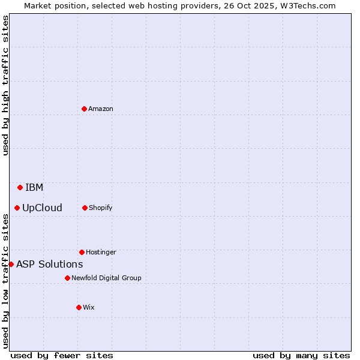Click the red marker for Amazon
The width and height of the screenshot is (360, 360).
coord(84,109)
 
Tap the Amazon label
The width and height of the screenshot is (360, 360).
coord(101,109)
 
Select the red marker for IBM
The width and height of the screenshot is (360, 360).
coord(20,187)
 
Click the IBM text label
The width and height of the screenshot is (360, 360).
coord(34,188)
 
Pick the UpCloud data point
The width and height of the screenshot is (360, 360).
coord(17,208)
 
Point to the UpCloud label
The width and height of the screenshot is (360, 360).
coord(42,208)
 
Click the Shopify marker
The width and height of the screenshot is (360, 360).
coord(85,208)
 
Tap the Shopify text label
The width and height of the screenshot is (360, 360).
coord(101,208)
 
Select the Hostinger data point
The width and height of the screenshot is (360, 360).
coord(82,252)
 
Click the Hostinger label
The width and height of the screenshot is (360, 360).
coord(101,252)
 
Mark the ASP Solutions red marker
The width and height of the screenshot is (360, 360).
coord(11,264)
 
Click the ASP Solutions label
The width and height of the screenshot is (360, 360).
coord(49,264)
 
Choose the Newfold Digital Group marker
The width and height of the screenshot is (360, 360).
coord(67,278)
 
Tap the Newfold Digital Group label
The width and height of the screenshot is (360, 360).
coord(106,278)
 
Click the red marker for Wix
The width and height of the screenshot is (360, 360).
coord(79,307)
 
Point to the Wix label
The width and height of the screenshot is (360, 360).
coord(89,307)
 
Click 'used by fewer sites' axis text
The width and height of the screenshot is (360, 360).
coord(62,355)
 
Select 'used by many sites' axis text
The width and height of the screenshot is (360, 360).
coord(301,355)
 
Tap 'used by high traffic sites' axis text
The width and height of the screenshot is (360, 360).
coord(5,85)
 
